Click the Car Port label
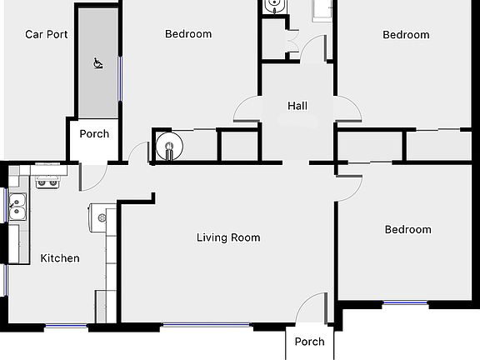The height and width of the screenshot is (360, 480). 46,34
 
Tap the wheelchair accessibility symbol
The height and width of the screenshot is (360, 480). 97,62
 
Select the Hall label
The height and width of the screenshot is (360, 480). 297,106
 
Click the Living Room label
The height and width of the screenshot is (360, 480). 228,237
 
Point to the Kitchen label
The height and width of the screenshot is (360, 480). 60,258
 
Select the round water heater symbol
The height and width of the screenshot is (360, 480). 167,144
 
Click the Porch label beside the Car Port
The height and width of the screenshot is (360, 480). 94,133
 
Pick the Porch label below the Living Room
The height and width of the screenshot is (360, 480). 310,342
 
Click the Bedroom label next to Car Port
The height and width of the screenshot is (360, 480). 188,34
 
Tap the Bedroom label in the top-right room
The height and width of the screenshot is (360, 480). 406,34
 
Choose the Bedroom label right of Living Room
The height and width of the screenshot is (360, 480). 407,229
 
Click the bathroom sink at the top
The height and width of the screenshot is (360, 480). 274,7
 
